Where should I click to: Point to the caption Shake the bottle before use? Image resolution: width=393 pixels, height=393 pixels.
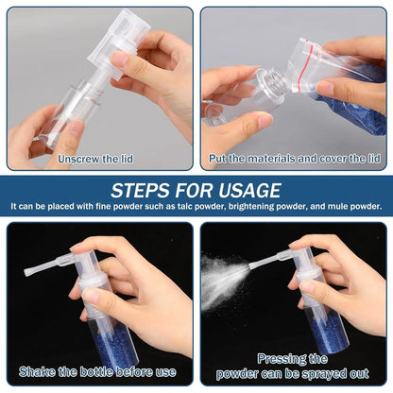[99, 372]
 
